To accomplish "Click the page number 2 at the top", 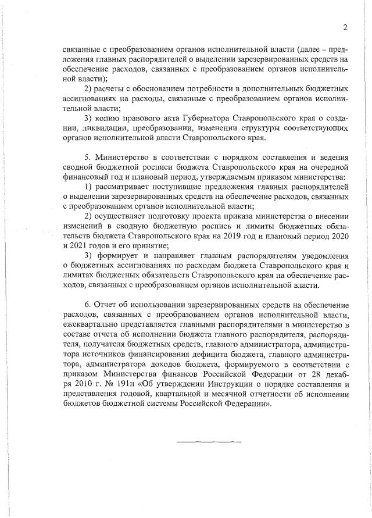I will coord(345,27).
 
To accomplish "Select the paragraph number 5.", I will coord(87,157).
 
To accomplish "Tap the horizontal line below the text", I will coord(209,441).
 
